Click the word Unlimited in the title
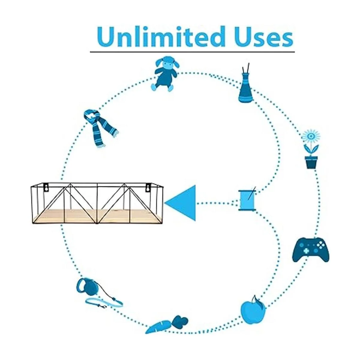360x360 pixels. [160, 37]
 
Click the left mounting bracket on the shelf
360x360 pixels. [46, 187]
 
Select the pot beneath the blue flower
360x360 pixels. [311, 162]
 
